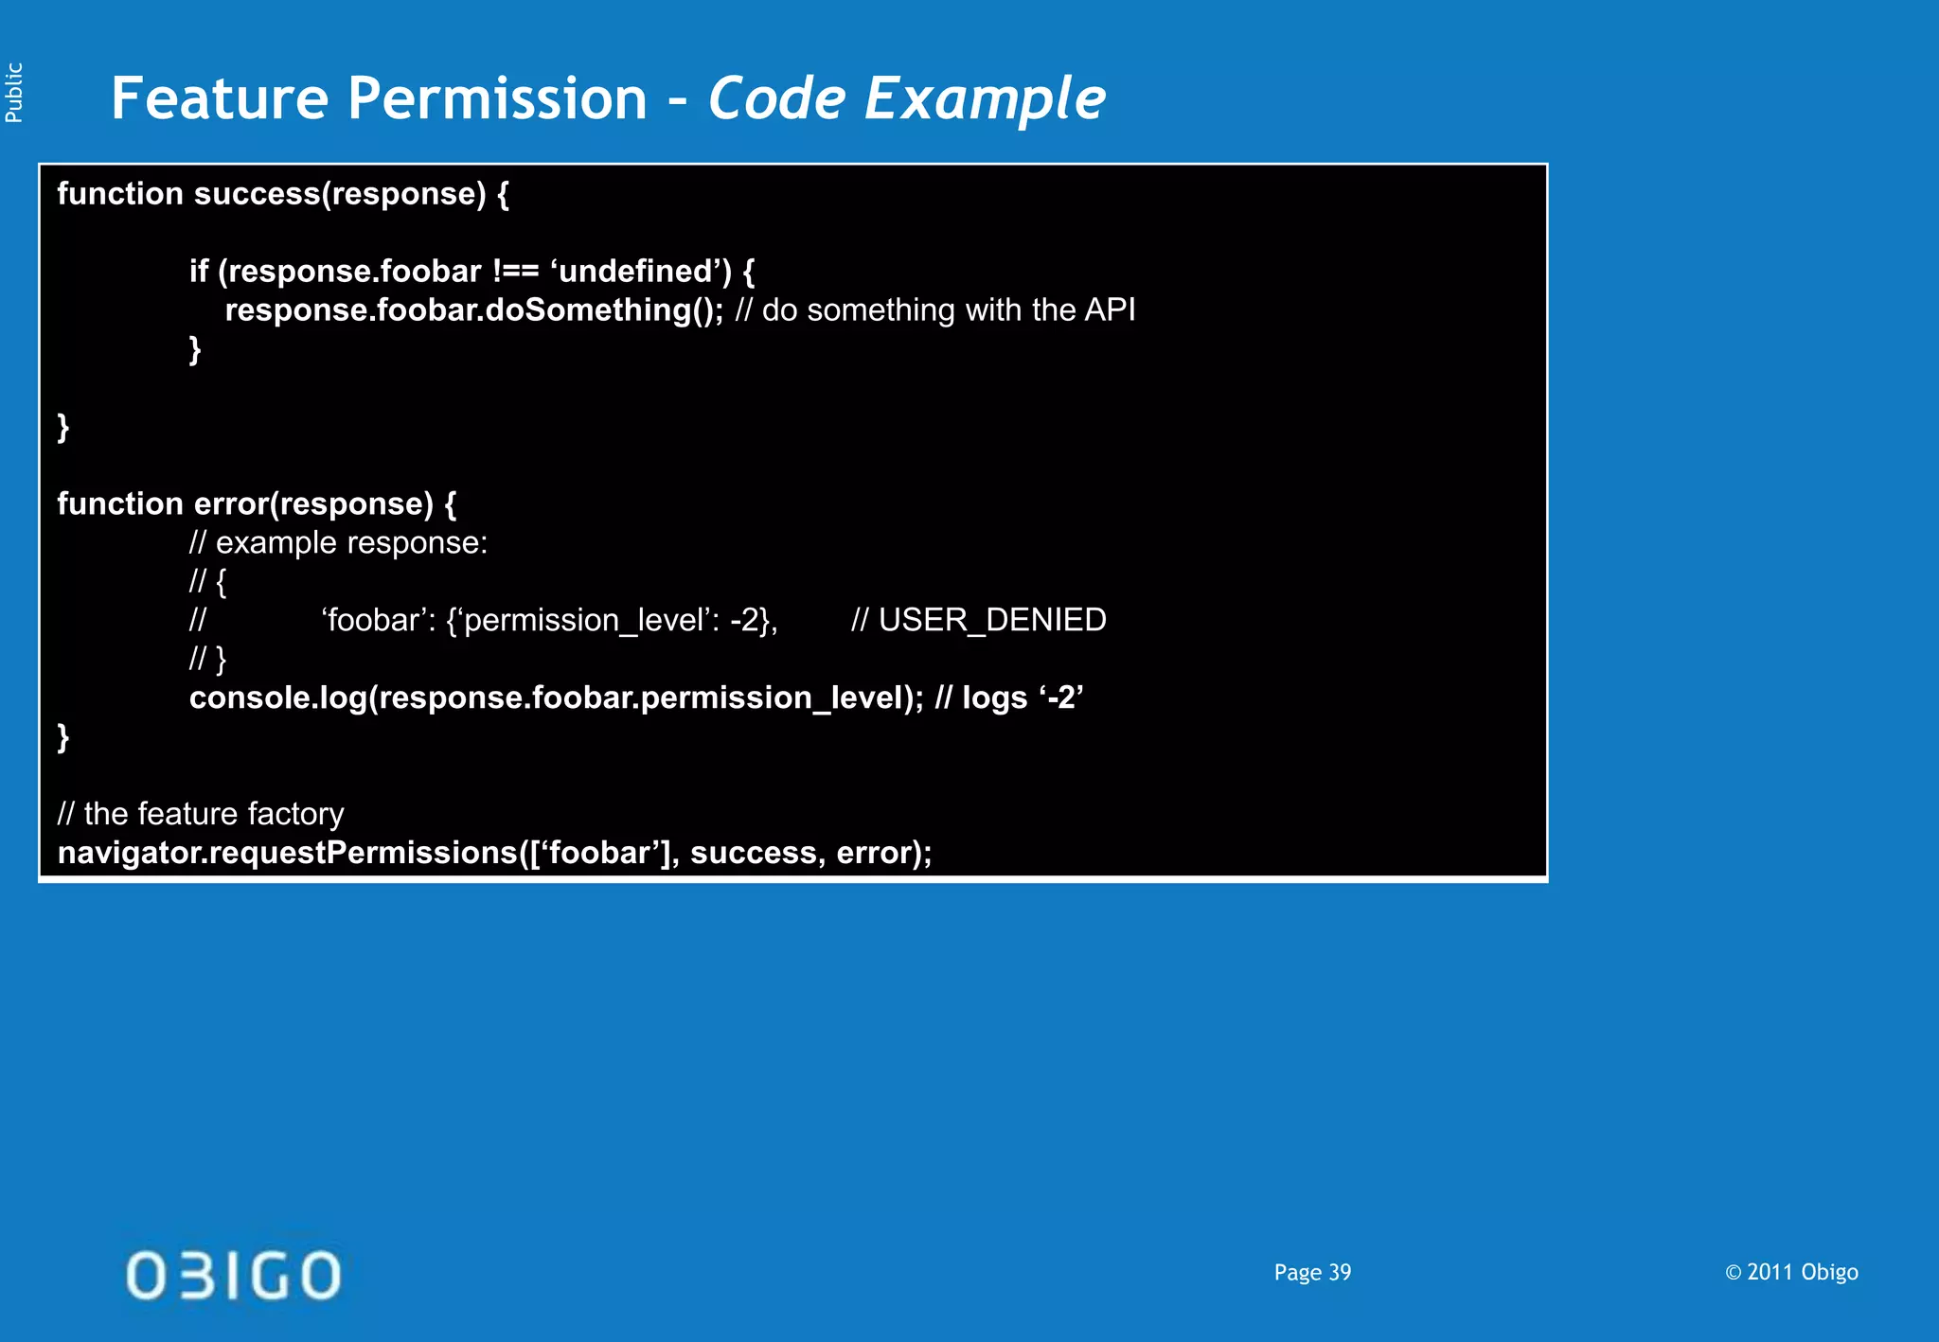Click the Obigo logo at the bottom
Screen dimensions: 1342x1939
pyautogui.click(x=233, y=1275)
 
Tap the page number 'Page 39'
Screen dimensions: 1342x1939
pyautogui.click(x=1312, y=1273)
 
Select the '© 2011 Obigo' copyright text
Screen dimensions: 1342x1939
pyautogui.click(x=1791, y=1273)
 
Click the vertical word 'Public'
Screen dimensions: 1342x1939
pyautogui.click(x=14, y=93)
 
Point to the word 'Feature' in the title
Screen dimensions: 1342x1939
pyautogui.click(x=219, y=98)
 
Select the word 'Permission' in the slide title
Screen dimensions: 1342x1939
pyautogui.click(x=497, y=98)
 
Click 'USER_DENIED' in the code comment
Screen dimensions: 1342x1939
pyautogui.click(x=992, y=620)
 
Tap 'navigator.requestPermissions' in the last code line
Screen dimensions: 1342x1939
pyautogui.click(x=288, y=853)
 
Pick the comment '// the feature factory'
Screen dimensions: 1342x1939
pyautogui.click(x=201, y=814)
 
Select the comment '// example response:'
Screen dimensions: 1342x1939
pyautogui.click(x=338, y=543)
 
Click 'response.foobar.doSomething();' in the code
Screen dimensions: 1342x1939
pyautogui.click(x=473, y=310)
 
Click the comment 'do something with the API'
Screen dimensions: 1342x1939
pyautogui.click(x=948, y=310)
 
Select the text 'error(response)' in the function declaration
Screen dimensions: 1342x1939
pyautogui.click(x=313, y=503)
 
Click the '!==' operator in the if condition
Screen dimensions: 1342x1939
pyautogui.click(x=515, y=272)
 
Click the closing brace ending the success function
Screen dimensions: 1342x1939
pyautogui.click(x=63, y=427)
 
